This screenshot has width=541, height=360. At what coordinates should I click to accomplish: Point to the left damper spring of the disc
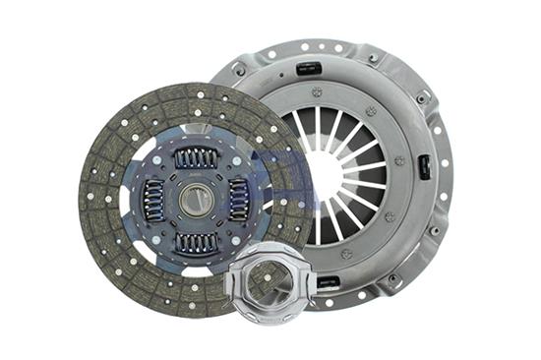point(153,199)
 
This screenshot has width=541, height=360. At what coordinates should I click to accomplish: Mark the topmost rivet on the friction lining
point(197,91)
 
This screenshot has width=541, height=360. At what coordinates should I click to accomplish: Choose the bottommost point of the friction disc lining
point(197,313)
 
